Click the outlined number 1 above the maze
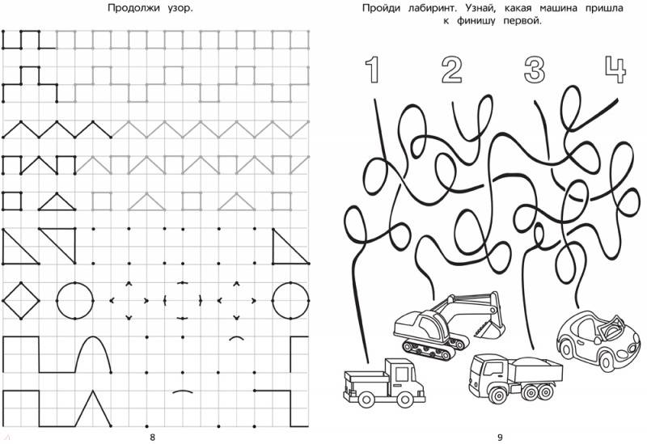pyautogui.click(x=372, y=70)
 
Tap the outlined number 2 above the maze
pyautogui.click(x=451, y=70)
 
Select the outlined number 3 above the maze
pyautogui.click(x=535, y=70)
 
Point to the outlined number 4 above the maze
pyautogui.click(x=615, y=70)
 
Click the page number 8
pyautogui.click(x=152, y=438)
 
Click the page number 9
pyautogui.click(x=500, y=438)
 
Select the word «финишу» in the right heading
pyautogui.click(x=477, y=21)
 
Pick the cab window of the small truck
pyautogui.click(x=401, y=374)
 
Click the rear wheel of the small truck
pyautogui.click(x=366, y=399)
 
